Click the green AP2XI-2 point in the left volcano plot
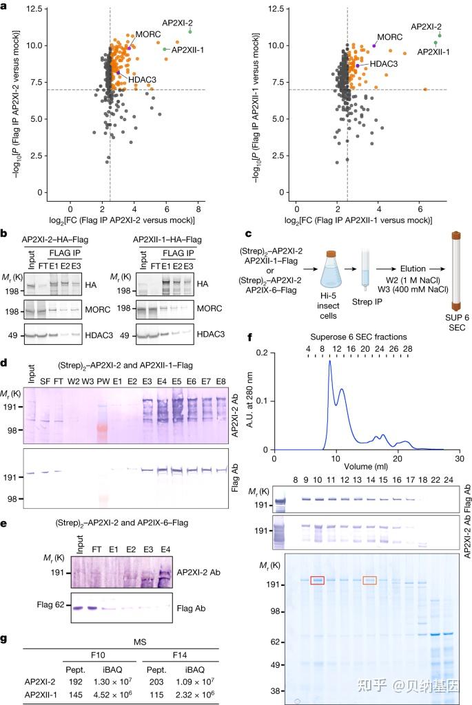pyautogui.click(x=189, y=32)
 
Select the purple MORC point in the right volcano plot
pyautogui.click(x=374, y=45)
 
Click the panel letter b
pyautogui.click(x=6, y=235)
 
